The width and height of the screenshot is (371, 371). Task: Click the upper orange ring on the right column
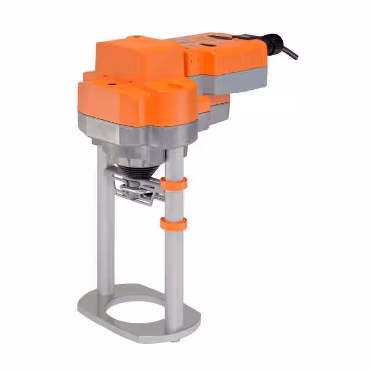click(174, 183)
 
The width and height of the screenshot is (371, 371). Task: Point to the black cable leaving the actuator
click(289, 51)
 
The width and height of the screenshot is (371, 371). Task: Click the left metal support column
click(103, 232)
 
